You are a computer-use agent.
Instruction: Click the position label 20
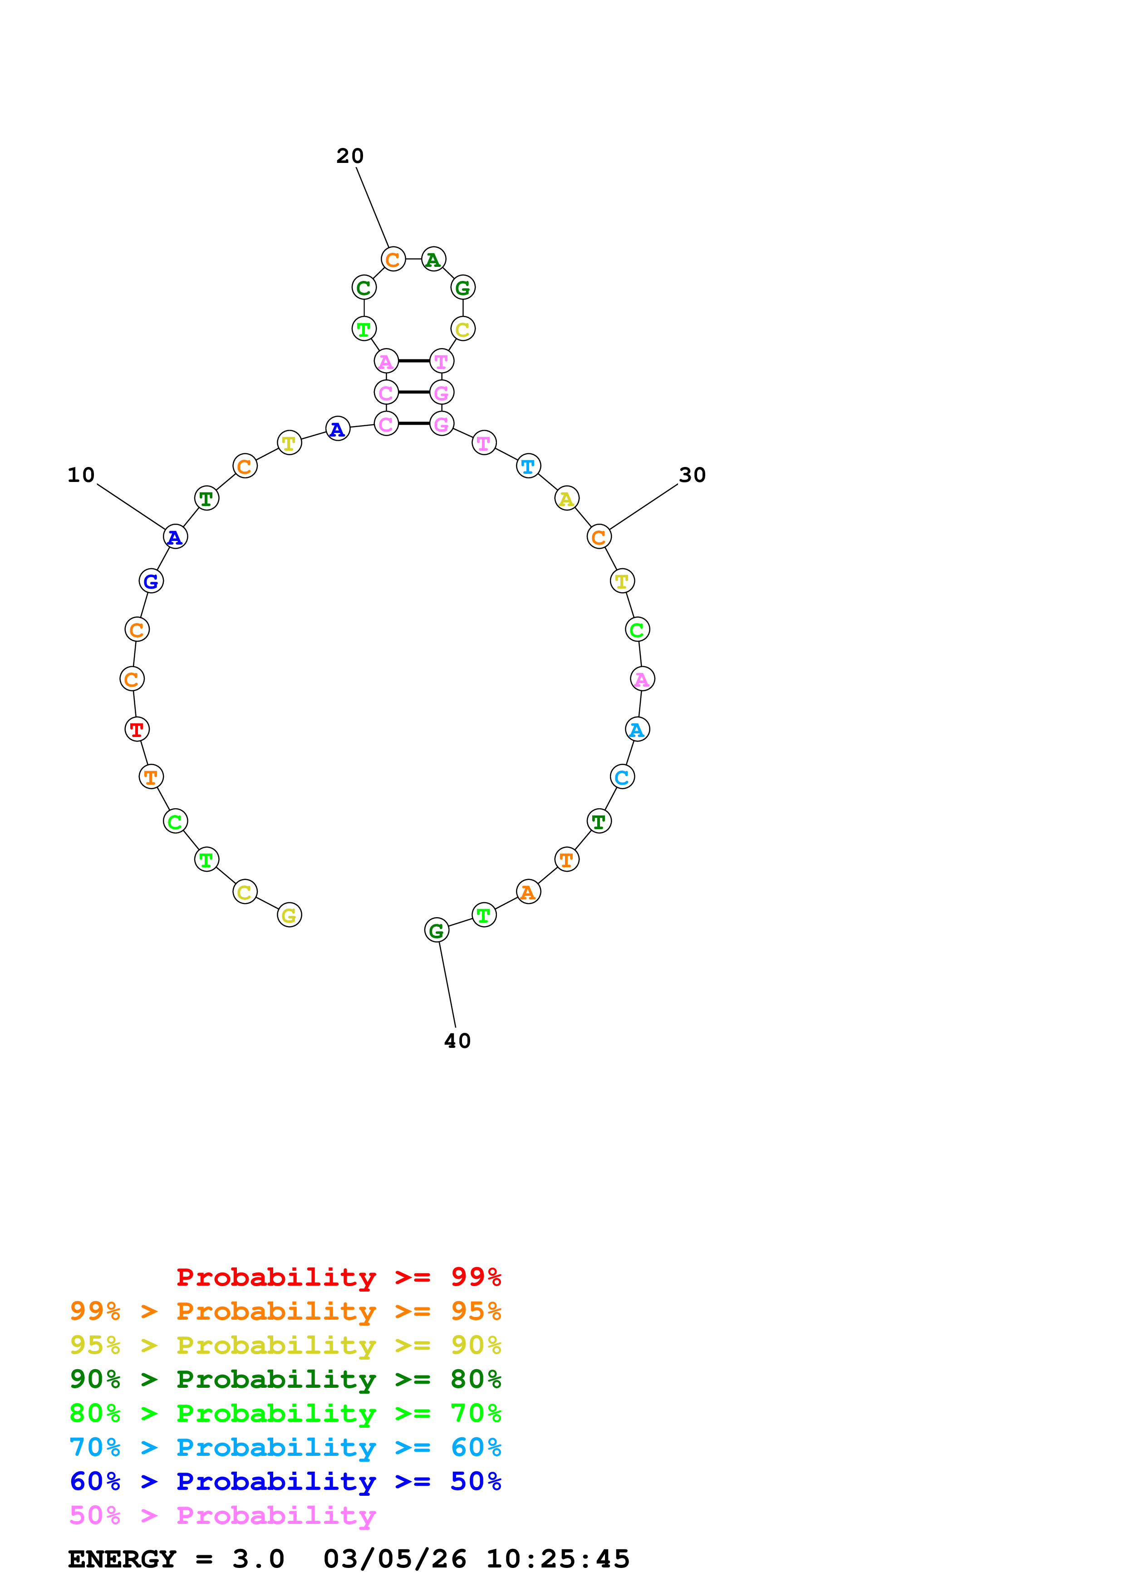349,156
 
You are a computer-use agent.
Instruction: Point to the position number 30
692,475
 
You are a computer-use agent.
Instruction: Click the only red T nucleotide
137,729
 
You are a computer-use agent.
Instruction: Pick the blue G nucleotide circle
151,581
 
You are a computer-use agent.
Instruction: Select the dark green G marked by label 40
437,930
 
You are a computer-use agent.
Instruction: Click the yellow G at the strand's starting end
289,915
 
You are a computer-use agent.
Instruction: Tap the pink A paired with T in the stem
386,361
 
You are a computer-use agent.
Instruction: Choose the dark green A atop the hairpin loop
433,259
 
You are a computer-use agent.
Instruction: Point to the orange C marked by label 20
393,259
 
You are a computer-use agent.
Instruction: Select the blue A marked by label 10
175,537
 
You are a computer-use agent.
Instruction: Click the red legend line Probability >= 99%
338,1277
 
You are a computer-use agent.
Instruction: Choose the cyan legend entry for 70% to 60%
285,1447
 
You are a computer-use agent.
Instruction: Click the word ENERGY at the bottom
122,1559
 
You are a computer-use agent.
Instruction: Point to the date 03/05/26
394,1559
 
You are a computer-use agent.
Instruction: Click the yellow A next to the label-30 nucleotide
566,499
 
